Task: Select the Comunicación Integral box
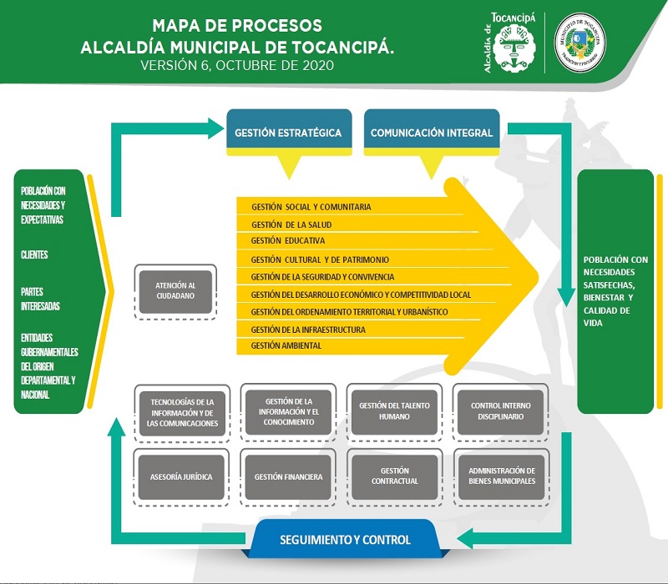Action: coord(432,132)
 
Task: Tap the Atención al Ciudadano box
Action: coord(175,290)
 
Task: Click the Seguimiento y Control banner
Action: coord(345,539)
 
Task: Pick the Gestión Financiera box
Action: coord(289,477)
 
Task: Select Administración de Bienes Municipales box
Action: coord(501,476)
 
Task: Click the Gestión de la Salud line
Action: coord(291,224)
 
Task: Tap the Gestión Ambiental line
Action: coord(286,345)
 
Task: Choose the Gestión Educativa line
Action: coord(287,240)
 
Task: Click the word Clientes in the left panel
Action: coord(34,255)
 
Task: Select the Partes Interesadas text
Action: coord(40,300)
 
